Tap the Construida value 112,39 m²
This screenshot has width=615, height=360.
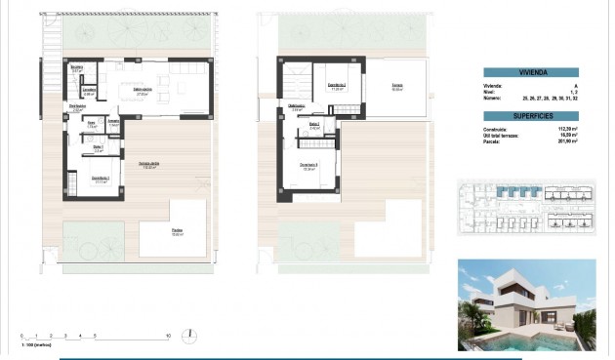(566, 128)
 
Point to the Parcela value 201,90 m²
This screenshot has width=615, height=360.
(566, 140)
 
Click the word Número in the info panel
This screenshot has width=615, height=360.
(493, 99)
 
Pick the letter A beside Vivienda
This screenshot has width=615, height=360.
(576, 86)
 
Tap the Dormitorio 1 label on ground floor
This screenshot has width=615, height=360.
(100, 180)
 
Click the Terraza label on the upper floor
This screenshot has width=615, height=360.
(397, 86)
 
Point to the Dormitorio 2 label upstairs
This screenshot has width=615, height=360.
(338, 84)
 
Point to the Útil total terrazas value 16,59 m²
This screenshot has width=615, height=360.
(568, 135)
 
